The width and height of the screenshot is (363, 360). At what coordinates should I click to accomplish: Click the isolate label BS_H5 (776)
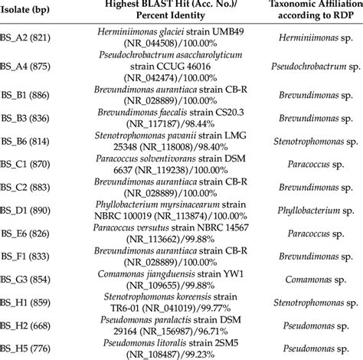(25, 349)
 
